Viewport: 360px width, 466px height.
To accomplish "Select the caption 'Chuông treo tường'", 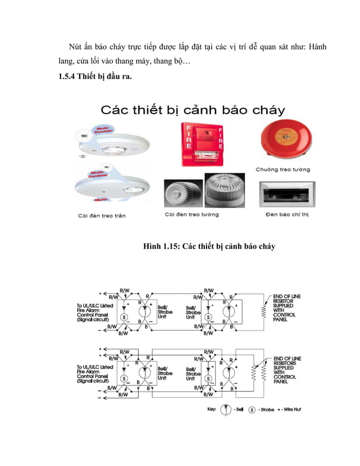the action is [x=282, y=169].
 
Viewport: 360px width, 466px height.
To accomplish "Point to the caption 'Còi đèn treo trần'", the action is [x=102, y=215].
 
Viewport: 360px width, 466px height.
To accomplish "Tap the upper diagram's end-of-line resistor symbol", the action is [x=262, y=310].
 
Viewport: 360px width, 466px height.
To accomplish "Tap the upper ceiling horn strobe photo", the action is [x=114, y=142].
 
